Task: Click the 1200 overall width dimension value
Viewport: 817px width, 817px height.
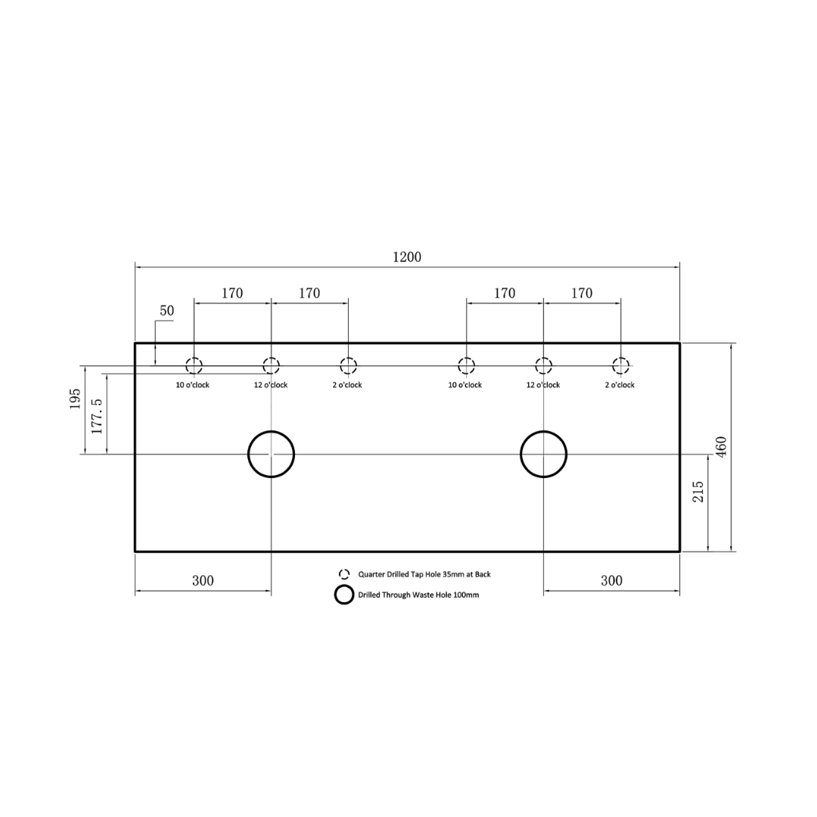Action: [x=407, y=257]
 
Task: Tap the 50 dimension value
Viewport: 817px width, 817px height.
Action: [x=166, y=311]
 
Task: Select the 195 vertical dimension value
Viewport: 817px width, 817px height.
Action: [x=75, y=399]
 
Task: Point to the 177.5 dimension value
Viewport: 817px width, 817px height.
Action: [x=97, y=413]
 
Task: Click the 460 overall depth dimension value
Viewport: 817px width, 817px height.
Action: [x=721, y=447]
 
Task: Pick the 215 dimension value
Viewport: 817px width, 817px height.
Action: [x=698, y=492]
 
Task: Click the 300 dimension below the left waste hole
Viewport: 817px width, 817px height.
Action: [x=203, y=581]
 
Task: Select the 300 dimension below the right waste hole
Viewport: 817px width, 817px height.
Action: [x=611, y=581]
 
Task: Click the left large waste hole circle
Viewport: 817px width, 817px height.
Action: [x=271, y=454]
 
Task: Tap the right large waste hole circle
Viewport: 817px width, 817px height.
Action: [x=543, y=454]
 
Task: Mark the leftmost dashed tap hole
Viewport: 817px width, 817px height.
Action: [x=194, y=366]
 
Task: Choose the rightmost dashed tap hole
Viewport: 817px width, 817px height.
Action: [x=620, y=366]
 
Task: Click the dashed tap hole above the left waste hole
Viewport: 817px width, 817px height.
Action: [x=271, y=366]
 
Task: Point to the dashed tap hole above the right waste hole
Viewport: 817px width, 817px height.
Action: [x=543, y=366]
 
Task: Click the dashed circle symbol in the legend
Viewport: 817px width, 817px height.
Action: [x=344, y=574]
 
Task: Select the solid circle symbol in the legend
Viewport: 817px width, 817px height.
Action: [x=344, y=595]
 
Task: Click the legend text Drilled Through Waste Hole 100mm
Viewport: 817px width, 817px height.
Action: [x=418, y=595]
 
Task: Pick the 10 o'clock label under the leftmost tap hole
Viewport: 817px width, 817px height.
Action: [x=193, y=385]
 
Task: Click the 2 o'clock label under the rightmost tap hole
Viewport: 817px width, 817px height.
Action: [x=620, y=385]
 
